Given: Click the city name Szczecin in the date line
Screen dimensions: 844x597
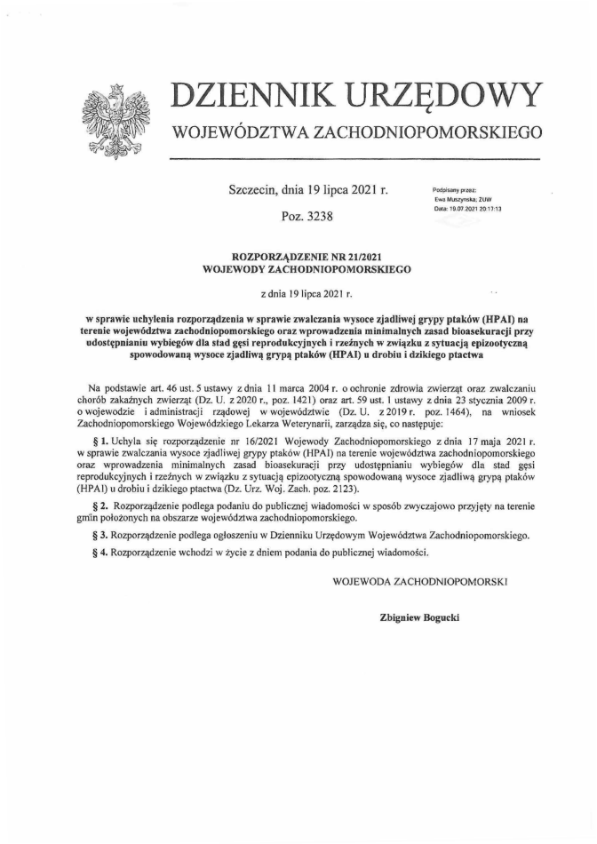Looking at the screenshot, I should (253, 190).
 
